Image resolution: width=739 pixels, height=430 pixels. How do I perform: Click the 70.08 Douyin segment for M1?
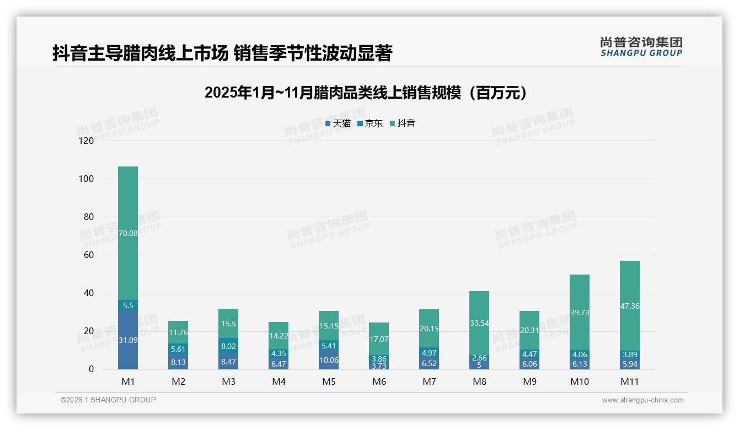tap(128, 233)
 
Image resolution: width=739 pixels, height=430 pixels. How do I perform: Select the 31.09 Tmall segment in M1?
tap(128, 340)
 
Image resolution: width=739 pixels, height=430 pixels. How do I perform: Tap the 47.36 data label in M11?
tap(630, 306)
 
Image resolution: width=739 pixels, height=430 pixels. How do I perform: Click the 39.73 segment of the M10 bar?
tap(580, 312)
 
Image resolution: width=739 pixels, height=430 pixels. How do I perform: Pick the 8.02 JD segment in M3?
tap(228, 346)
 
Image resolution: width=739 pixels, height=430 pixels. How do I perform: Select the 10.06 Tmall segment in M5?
tap(329, 360)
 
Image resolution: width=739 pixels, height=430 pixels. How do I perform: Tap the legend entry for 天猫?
tap(338, 123)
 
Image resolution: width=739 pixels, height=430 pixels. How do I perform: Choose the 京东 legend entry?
tap(370, 123)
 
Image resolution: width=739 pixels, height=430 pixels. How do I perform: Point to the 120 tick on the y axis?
tap(87, 141)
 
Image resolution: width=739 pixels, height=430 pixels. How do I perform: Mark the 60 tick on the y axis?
tap(89, 255)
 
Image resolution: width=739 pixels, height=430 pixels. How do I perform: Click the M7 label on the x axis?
tap(429, 381)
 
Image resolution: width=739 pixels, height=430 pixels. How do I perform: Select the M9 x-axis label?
tap(529, 381)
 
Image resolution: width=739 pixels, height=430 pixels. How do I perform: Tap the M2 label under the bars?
tap(178, 381)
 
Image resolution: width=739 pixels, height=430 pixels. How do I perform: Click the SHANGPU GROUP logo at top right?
tap(641, 47)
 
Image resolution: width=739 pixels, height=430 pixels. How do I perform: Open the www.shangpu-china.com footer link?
tap(642, 400)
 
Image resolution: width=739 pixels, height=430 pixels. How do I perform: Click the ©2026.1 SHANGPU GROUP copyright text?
tap(108, 400)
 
